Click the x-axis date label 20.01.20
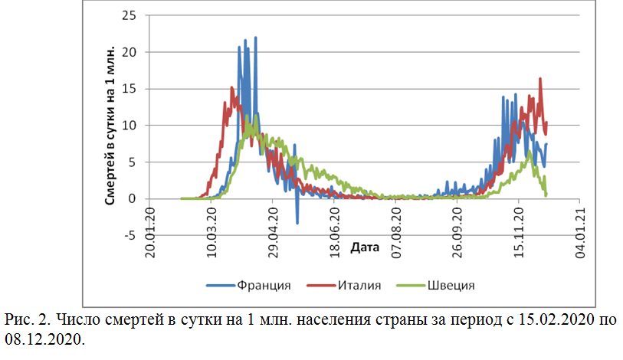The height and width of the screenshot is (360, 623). click(151, 225)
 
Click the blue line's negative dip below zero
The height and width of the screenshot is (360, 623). click(297, 222)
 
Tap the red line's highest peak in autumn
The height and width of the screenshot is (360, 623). click(540, 79)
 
